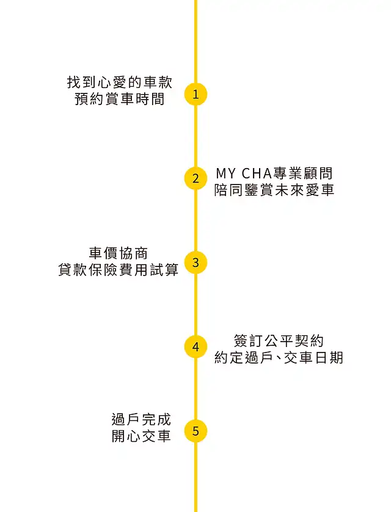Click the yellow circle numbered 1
tap(195, 94)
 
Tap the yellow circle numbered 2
tap(195, 178)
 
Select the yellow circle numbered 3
tap(195, 263)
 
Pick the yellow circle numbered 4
tap(195, 347)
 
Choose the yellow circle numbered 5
tap(195, 431)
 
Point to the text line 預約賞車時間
tap(120, 99)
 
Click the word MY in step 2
tap(225, 174)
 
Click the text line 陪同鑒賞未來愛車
tap(274, 190)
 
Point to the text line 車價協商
tap(118, 253)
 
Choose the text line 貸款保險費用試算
tap(118, 269)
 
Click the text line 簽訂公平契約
tap(279, 340)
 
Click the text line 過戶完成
tap(142, 420)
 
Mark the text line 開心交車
tap(142, 436)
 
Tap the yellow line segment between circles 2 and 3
tap(195, 221)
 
